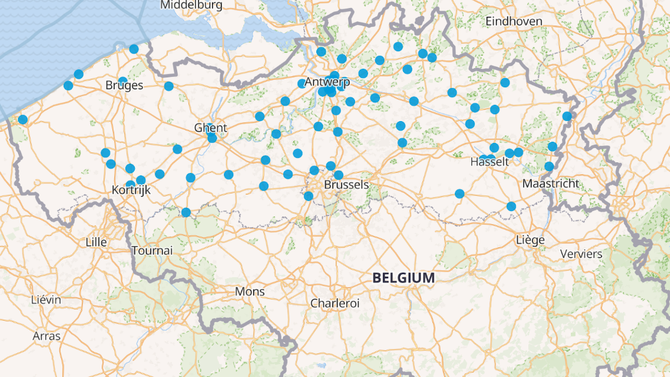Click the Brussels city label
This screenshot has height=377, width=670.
point(346,185)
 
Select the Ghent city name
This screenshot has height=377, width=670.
point(210,128)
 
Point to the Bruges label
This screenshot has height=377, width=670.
point(124,86)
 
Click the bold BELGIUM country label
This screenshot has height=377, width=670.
point(403,278)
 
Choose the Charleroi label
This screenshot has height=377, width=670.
point(335,303)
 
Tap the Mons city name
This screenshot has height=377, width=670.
point(250,291)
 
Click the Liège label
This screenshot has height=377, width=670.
point(530,240)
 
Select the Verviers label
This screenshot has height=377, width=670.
point(581,254)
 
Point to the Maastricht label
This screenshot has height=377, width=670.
point(550,184)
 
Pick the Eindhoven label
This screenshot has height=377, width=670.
point(513,21)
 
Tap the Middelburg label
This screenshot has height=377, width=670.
point(191,5)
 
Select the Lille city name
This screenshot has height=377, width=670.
point(96,242)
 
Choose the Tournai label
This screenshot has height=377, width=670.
point(152,250)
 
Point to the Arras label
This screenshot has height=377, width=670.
point(47,336)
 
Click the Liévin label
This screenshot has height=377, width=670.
point(46,300)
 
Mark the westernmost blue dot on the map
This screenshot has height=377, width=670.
point(22,120)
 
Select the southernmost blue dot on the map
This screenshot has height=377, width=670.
point(186,213)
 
